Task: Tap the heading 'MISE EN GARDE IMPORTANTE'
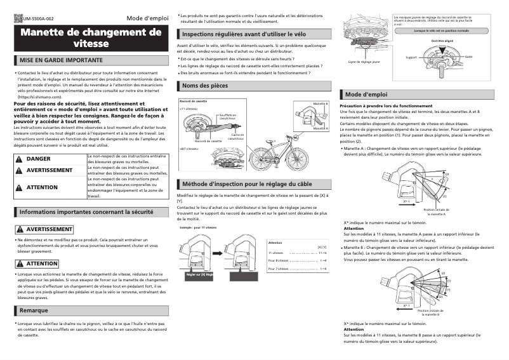pyautogui.click(x=61, y=60)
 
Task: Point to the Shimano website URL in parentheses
pyautogui.click(x=43, y=97)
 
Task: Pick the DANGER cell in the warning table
pyautogui.click(x=39, y=159)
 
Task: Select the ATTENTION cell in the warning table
pyautogui.click(x=42, y=187)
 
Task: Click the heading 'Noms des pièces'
pyautogui.click(x=205, y=85)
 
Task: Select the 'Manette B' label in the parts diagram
pyautogui.click(x=321, y=103)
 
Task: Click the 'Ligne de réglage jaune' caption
pyautogui.click(x=364, y=62)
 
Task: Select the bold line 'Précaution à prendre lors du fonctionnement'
pyautogui.click(x=387, y=105)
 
